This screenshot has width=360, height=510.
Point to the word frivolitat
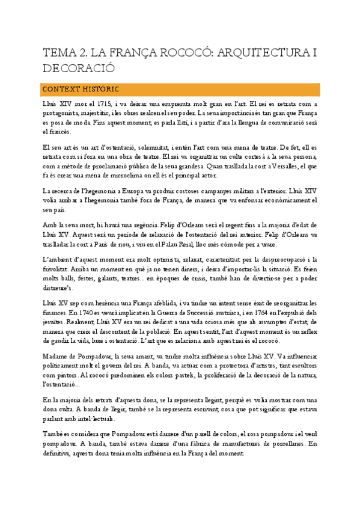pyautogui.click(x=57, y=269)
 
